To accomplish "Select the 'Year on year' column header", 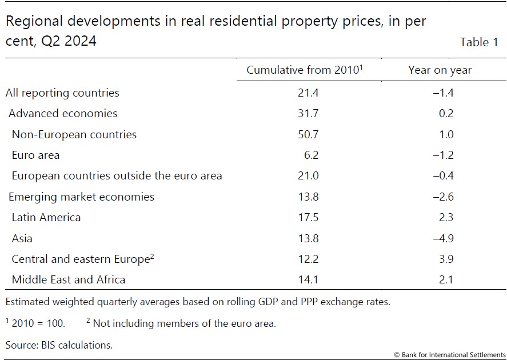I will (440, 70).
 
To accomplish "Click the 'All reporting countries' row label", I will (62, 93).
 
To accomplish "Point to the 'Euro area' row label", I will (35, 155).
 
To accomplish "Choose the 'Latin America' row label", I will (46, 217).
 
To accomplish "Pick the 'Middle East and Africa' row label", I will (68, 279).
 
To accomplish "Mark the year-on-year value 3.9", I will (446, 259).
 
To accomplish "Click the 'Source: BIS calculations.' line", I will (59, 345).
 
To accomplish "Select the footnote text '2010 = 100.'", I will (38, 324).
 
